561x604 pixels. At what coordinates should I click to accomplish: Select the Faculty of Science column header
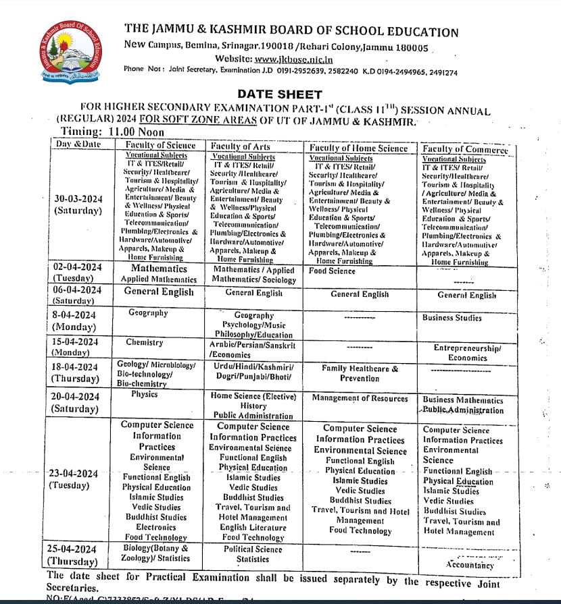point(160,145)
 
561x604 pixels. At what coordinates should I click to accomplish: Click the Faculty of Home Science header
point(358,148)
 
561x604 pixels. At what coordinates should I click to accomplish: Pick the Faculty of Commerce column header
point(465,150)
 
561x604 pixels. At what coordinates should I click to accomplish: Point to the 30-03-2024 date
point(78,198)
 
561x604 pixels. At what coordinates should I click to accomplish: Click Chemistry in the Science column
point(144,343)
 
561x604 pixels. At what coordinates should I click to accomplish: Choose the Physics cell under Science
point(145,393)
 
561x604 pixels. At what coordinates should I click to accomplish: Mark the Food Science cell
point(332,271)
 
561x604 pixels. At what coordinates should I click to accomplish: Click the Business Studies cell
point(452,317)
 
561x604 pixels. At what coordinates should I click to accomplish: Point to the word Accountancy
point(470,565)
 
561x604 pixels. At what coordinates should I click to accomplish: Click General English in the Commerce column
point(466,295)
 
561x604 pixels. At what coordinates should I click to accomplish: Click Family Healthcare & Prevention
point(360,374)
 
